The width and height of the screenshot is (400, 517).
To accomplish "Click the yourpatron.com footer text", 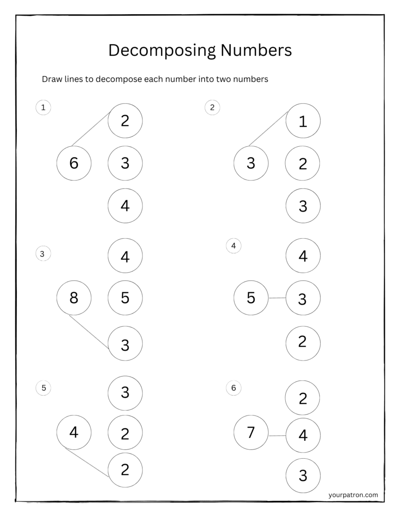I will click(353, 494).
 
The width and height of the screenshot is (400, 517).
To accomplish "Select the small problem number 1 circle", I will click(43, 108).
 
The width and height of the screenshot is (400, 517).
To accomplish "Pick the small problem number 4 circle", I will click(233, 245).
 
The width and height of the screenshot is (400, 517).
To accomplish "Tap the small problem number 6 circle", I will click(233, 388).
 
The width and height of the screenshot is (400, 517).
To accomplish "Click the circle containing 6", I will click(74, 164).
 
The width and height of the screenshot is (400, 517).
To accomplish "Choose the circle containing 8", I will click(74, 298).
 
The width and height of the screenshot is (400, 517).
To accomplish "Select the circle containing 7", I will click(251, 432).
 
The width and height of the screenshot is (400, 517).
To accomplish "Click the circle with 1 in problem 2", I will click(303, 121).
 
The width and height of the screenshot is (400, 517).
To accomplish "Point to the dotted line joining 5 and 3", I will click(277, 298).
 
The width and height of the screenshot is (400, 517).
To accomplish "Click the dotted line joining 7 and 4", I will click(277, 436).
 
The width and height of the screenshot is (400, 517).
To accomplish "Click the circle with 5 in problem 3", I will click(125, 298).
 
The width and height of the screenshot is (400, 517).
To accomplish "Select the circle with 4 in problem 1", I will click(125, 206).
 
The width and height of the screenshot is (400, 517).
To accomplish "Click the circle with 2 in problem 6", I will click(303, 398).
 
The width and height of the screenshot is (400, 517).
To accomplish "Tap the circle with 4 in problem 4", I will click(303, 256).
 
